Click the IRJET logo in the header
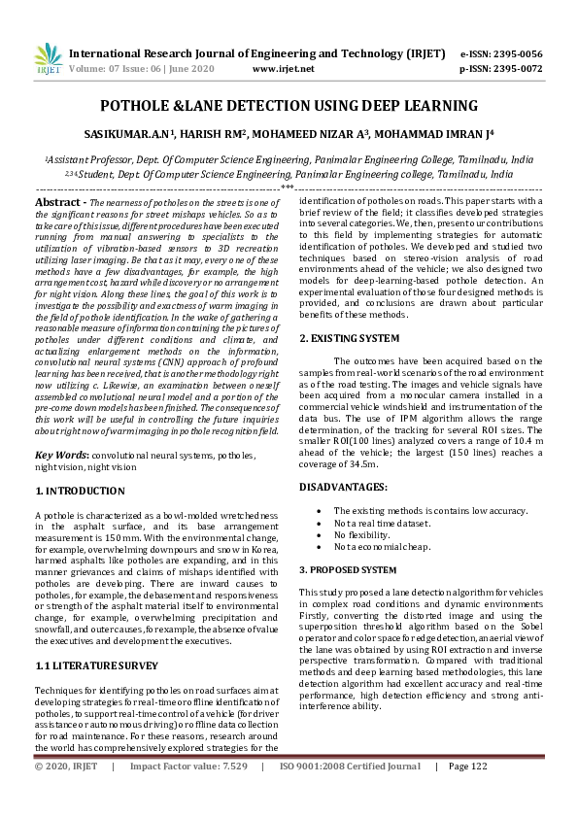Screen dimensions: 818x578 48,59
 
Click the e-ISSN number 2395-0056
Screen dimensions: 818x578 514,53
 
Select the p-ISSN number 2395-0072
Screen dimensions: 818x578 514,69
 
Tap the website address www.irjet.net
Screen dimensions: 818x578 283,69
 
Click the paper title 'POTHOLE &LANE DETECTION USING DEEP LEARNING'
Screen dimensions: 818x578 289,106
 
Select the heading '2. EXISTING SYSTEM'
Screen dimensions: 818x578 349,338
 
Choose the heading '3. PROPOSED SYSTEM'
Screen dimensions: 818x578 348,569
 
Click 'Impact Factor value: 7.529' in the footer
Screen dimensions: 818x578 188,794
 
